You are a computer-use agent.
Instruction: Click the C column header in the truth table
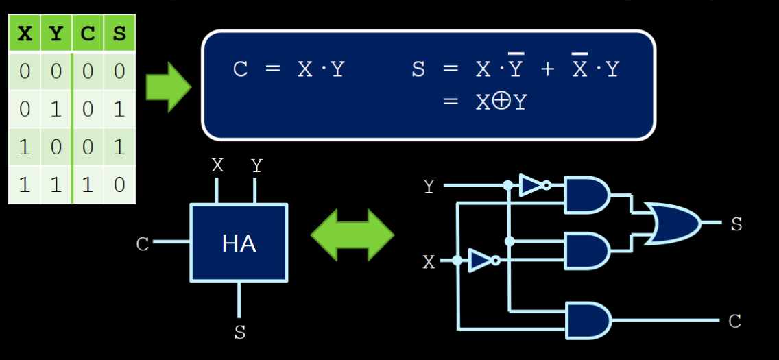88,34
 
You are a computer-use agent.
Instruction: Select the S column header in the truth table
119,34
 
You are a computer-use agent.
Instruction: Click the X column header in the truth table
25,34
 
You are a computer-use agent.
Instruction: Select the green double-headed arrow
352,235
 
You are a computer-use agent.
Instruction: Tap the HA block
239,243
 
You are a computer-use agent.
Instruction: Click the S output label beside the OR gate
736,224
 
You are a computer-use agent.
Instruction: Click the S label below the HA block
239,333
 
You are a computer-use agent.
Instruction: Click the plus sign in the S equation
547,69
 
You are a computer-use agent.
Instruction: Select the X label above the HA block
217,165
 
